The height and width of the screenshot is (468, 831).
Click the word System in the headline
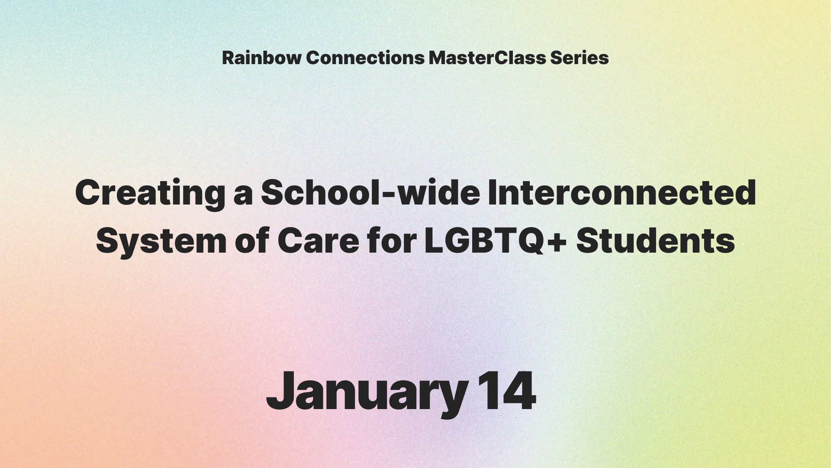tap(161, 242)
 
